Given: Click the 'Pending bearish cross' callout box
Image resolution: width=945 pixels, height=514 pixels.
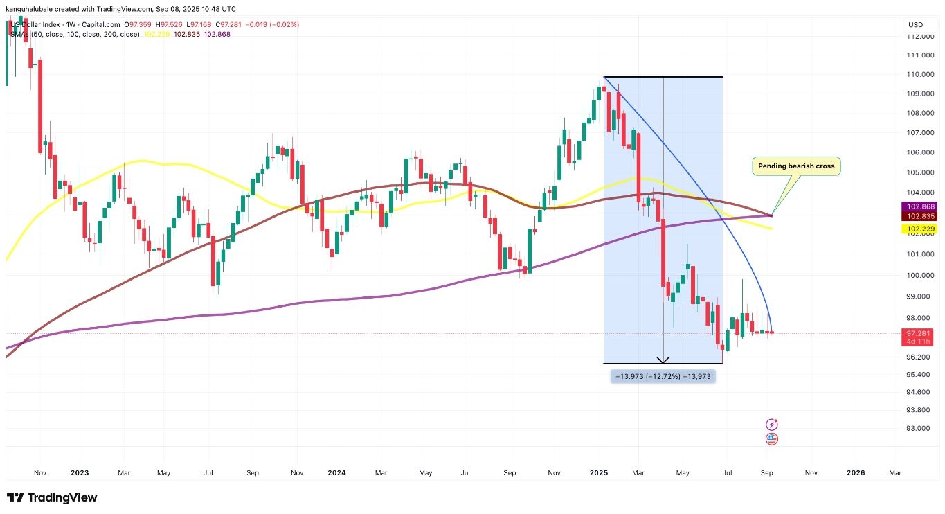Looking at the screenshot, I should (x=795, y=166).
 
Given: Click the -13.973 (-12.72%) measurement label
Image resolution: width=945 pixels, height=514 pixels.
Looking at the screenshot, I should (x=663, y=376).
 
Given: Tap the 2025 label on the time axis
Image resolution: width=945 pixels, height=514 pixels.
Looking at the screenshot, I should (x=599, y=473).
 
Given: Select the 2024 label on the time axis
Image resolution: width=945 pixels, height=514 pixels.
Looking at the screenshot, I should (x=336, y=473).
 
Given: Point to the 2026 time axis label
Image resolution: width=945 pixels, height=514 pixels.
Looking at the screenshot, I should (x=856, y=473).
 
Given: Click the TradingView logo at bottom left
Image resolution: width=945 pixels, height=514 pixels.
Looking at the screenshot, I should (x=52, y=497).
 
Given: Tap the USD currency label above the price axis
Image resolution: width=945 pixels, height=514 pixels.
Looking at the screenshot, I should (x=916, y=25).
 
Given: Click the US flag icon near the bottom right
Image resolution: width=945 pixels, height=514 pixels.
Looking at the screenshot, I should (x=772, y=438).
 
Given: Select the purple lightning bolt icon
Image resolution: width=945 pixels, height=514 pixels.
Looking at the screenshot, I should (x=772, y=424).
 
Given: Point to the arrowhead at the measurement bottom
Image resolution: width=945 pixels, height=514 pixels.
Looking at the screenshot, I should (x=663, y=360).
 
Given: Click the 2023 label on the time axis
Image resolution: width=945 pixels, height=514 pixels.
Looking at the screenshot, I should (x=80, y=473).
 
